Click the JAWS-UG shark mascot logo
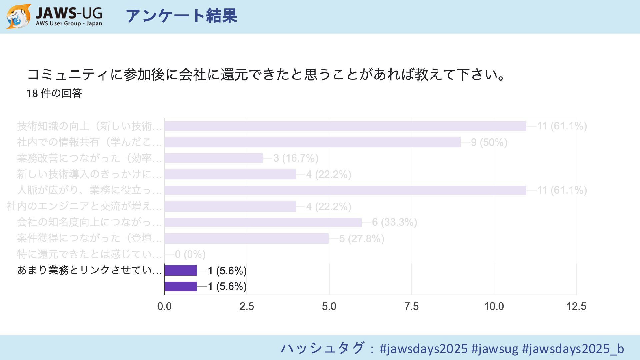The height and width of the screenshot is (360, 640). coord(19,16)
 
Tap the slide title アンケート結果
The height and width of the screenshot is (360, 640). coord(181,16)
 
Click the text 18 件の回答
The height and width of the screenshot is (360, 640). coord(54,93)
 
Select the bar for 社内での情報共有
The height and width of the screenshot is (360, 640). coord(312,142)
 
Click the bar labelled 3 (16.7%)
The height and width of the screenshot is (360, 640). coord(214,158)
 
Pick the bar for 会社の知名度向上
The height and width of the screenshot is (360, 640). coord(263,222)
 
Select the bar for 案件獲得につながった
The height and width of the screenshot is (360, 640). coord(246,238)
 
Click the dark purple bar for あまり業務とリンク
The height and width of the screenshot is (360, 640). coord(181,270)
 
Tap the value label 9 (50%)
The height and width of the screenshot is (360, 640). coord(489,143)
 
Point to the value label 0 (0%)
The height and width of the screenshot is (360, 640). coord(190,254)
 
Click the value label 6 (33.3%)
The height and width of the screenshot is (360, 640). coord(394,222)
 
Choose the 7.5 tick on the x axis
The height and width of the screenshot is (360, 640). coord(411,306)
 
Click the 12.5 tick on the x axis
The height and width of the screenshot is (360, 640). coord(576,306)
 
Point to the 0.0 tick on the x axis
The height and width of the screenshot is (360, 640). coord(164,306)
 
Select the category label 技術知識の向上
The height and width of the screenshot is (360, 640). coord(89,126)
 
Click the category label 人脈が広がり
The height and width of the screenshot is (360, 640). coord(89,190)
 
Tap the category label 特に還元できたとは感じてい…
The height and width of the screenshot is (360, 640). coord(89,254)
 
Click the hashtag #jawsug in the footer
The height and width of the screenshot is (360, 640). coord(495,349)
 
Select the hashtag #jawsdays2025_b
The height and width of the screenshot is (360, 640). coord(573,349)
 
